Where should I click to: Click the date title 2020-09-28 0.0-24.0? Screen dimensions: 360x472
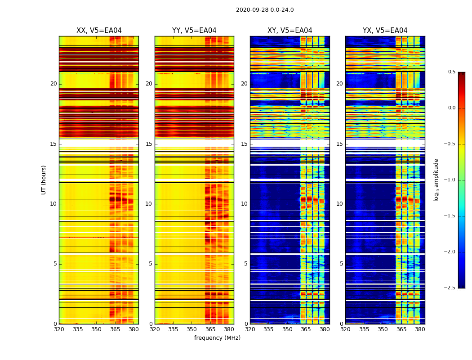[x=265, y=10]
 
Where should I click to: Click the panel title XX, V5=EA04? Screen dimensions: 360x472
[x=99, y=31]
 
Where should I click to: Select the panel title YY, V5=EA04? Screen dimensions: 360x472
[x=194, y=31]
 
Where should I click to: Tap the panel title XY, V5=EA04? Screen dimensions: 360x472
[x=289, y=31]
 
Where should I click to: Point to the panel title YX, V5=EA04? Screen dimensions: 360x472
[x=385, y=31]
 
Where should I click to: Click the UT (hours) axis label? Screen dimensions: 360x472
[x=44, y=180]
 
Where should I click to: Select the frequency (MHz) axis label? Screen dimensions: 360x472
[x=217, y=338]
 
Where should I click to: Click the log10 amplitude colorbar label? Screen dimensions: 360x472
[x=436, y=180]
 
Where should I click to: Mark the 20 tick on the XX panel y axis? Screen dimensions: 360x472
[x=53, y=84]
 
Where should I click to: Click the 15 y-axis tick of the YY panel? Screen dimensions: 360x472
[x=149, y=144]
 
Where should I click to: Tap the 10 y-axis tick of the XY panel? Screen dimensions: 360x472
[x=244, y=204]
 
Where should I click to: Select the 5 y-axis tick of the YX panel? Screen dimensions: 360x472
[x=341, y=264]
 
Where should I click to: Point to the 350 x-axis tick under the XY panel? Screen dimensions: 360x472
[x=287, y=329]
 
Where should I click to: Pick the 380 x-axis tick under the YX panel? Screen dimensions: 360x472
[x=420, y=329]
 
